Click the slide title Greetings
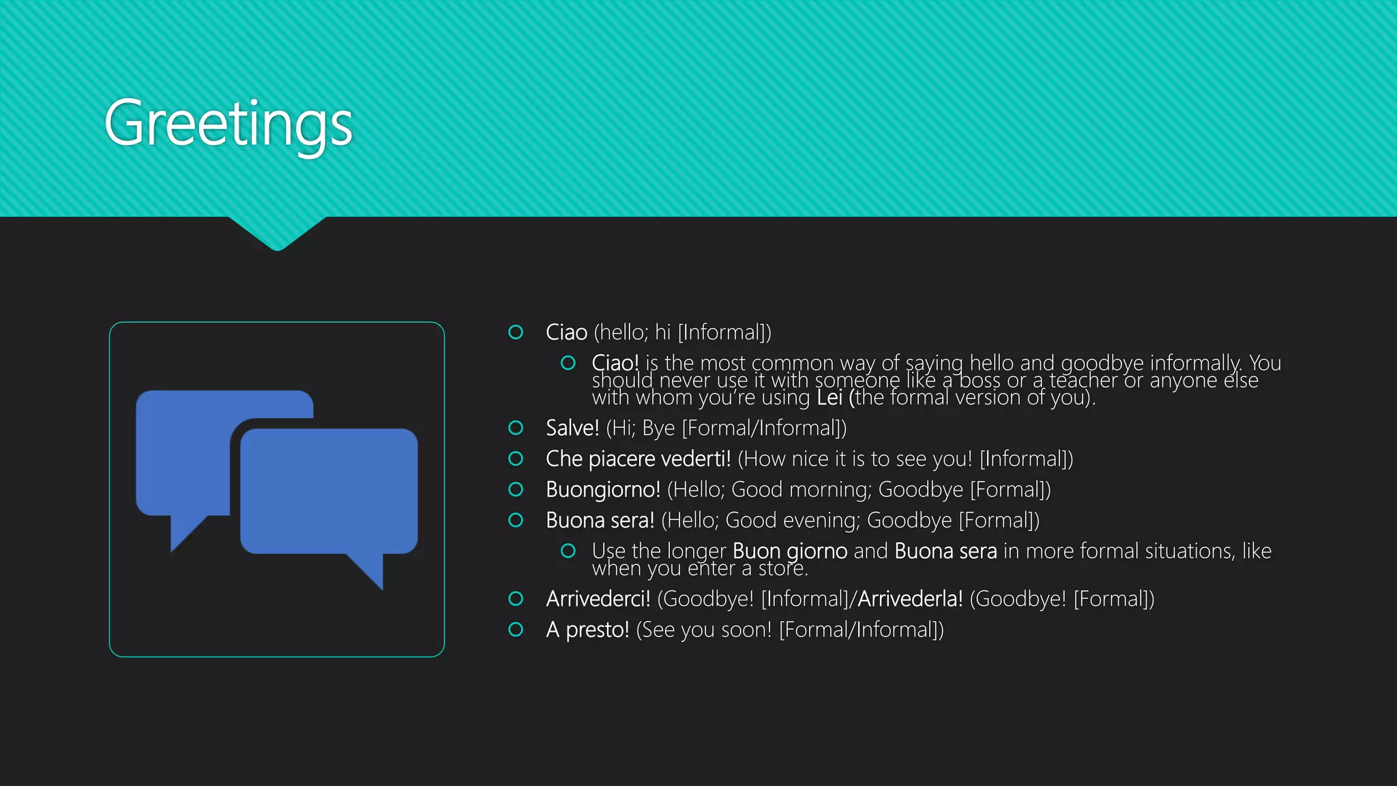[228, 123]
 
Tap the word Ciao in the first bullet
[566, 332]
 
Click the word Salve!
[572, 428]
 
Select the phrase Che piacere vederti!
[638, 458]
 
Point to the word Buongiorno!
[602, 489]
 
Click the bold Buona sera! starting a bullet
[600, 520]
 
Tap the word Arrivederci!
[598, 598]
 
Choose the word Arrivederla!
[910, 598]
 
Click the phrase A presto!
[587, 629]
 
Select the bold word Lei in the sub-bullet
[829, 397]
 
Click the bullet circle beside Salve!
[516, 428]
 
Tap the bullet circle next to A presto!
[516, 629]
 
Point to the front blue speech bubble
[328, 490]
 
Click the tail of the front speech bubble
[370, 569]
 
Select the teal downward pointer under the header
[277, 233]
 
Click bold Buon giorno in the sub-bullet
[789, 551]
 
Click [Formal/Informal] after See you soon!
[861, 629]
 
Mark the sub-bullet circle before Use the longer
[568, 551]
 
